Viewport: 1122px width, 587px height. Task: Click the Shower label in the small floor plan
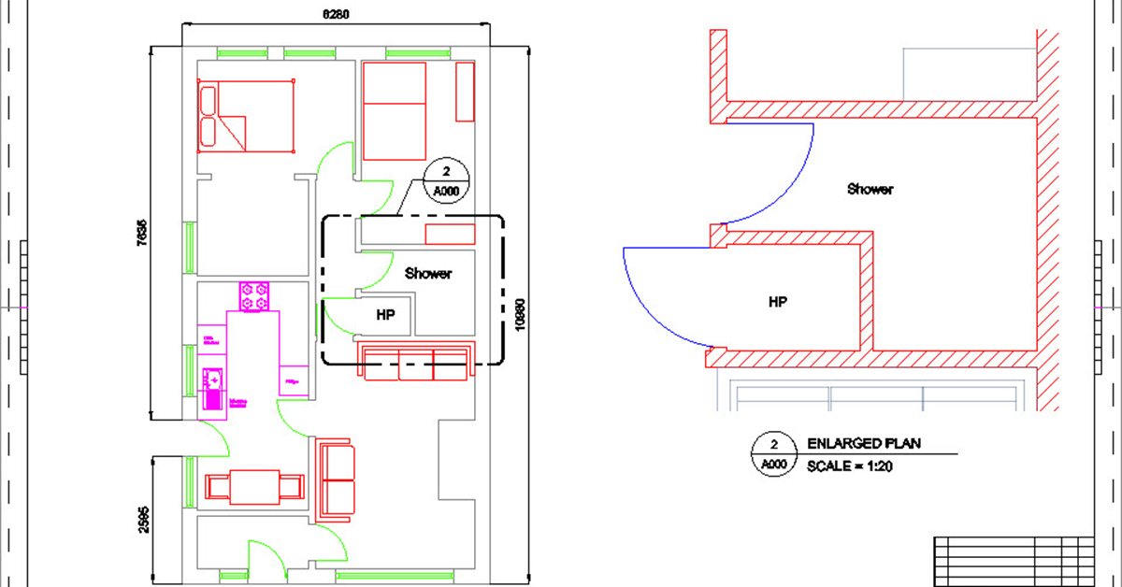coord(428,274)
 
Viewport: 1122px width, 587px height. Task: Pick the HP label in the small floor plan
coord(385,315)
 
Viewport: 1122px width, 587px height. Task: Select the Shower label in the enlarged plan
coord(870,189)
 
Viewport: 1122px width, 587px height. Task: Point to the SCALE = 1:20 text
coord(850,465)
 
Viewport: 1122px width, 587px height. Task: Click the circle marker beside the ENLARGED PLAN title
coord(772,455)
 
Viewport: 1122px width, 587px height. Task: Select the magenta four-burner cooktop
coord(254,297)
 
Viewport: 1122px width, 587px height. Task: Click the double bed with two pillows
coord(246,115)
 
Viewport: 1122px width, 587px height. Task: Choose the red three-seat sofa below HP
coord(416,362)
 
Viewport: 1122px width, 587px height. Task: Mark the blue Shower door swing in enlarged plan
coord(776,173)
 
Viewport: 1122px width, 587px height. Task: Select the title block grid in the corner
coord(1014,560)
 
